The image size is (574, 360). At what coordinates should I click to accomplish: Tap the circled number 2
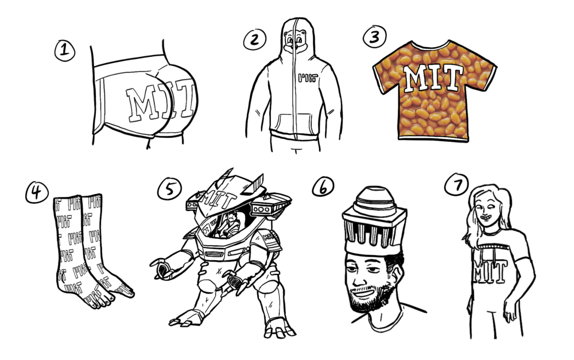(x=253, y=39)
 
